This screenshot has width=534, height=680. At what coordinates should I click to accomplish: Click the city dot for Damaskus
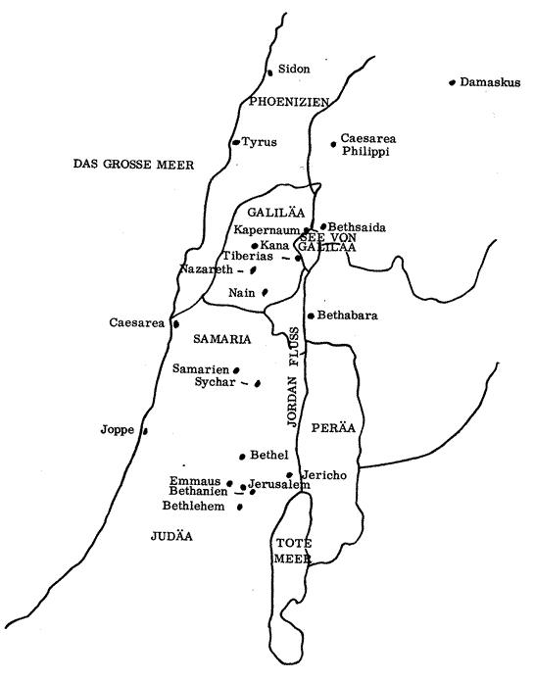point(452,82)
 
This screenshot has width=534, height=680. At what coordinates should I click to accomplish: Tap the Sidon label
point(294,69)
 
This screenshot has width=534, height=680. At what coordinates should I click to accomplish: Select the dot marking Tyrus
point(236,142)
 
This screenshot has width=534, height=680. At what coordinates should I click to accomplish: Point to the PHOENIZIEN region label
point(289,102)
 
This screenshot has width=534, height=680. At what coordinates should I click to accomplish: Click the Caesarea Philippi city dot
point(333,144)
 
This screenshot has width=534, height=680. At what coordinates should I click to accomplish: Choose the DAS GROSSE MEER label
point(133,165)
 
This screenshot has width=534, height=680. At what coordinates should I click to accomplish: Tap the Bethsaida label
point(357,227)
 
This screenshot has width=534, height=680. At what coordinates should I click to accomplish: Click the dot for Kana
point(255,246)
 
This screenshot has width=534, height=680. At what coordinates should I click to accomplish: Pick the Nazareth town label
point(206,269)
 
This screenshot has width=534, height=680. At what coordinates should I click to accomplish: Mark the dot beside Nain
point(265,293)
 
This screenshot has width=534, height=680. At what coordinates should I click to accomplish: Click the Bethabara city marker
point(311,316)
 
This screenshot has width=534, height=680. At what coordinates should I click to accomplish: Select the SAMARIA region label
point(222,339)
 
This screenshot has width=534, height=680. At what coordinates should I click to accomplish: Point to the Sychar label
point(216,382)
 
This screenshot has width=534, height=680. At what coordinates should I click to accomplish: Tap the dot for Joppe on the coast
point(145,431)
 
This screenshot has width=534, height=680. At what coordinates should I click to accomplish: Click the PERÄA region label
point(333,428)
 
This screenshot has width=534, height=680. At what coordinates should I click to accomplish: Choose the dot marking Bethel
point(242,457)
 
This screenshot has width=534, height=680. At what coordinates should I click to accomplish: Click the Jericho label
point(324,475)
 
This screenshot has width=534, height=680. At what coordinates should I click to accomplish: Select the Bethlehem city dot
point(239,507)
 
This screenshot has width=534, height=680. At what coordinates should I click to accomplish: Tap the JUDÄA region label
point(171,536)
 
